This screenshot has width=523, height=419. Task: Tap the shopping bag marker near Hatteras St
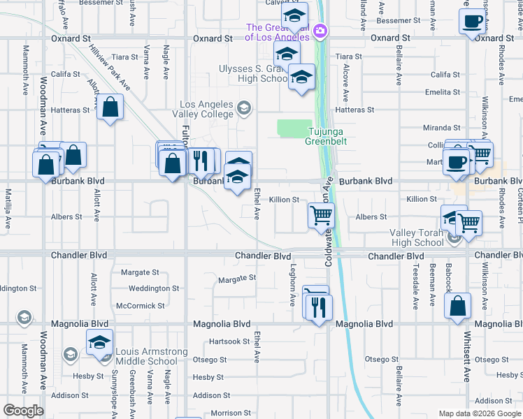110,107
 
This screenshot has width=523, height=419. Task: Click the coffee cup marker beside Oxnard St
473,20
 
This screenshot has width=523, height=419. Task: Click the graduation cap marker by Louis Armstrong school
99,342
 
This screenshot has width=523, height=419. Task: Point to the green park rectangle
294,128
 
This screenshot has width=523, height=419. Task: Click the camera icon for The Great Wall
320,30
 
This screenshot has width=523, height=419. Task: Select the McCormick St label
141,306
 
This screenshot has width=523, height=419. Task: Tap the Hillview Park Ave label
110,68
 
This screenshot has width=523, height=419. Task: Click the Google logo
23,411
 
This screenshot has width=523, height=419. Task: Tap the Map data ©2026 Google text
480,413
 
